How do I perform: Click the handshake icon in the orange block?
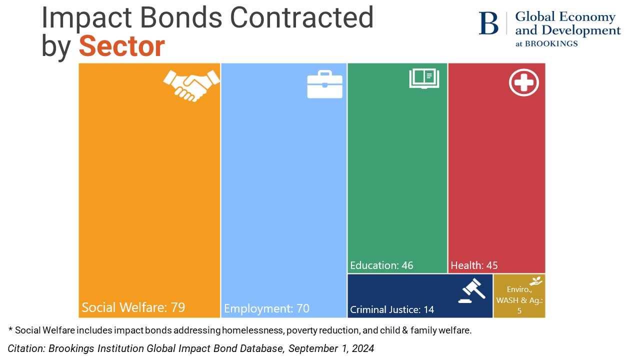(191, 85)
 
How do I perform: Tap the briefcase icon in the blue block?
(324, 84)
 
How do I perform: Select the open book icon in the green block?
(424, 79)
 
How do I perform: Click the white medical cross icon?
(524, 82)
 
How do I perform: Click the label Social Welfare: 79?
(133, 307)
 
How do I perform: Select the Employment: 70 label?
(266, 308)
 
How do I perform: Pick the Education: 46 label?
(381, 265)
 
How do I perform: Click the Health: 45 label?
(474, 265)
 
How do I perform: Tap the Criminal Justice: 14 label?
(392, 309)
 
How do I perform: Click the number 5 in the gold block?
(519, 310)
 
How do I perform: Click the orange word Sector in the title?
(121, 46)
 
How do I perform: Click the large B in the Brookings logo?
(488, 23)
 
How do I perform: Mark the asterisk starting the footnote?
(10, 329)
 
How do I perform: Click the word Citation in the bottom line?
(25, 348)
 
